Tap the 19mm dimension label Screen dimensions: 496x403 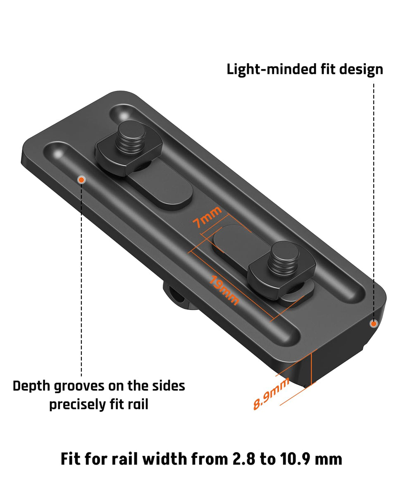coord(224,290)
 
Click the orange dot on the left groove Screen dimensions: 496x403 coord(81,179)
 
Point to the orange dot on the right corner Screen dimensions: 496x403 coord(374,324)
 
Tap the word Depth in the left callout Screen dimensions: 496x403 coord(31,386)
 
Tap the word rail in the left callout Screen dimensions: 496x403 coord(138,404)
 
